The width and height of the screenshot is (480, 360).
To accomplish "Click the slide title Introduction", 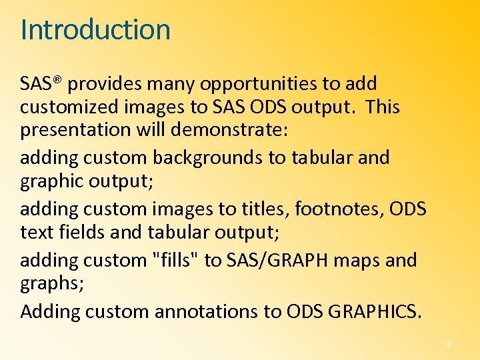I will [95, 30].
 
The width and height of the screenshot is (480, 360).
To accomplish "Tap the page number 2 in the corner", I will [448, 343].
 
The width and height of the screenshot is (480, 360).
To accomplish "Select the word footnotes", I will [323, 209].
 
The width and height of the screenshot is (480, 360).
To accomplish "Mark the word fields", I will [75, 231].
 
